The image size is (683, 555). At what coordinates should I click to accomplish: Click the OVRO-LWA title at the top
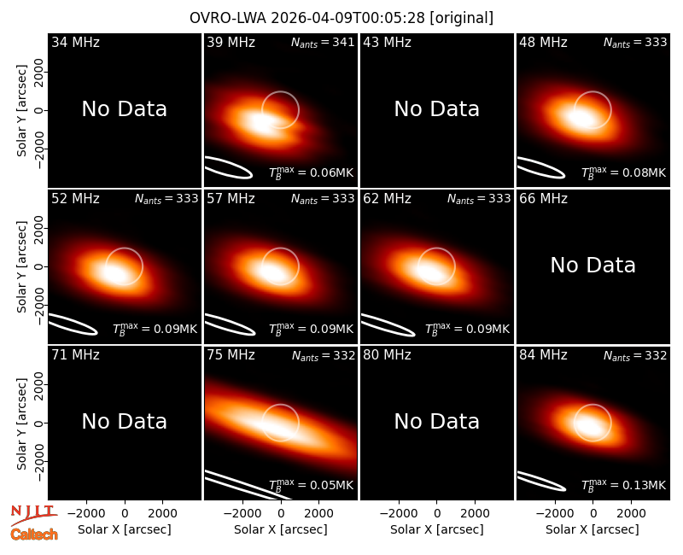[341, 18]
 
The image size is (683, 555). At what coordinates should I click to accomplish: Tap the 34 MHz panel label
[75, 42]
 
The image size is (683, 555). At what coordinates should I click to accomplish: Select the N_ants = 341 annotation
[323, 42]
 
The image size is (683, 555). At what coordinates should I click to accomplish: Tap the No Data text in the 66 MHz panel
[593, 265]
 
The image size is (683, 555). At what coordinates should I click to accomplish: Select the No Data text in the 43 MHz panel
[437, 109]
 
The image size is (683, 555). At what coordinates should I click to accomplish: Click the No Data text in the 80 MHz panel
[437, 421]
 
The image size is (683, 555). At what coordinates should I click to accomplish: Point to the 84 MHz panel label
[543, 355]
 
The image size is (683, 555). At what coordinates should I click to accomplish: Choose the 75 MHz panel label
[231, 355]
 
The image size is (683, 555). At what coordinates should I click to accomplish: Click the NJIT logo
[33, 514]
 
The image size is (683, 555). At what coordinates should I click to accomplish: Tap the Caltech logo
[34, 535]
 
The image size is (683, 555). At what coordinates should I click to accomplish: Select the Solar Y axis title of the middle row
[21, 266]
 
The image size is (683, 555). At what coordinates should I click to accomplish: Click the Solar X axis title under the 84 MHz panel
[593, 529]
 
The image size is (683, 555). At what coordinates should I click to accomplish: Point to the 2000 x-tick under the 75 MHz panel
[318, 513]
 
